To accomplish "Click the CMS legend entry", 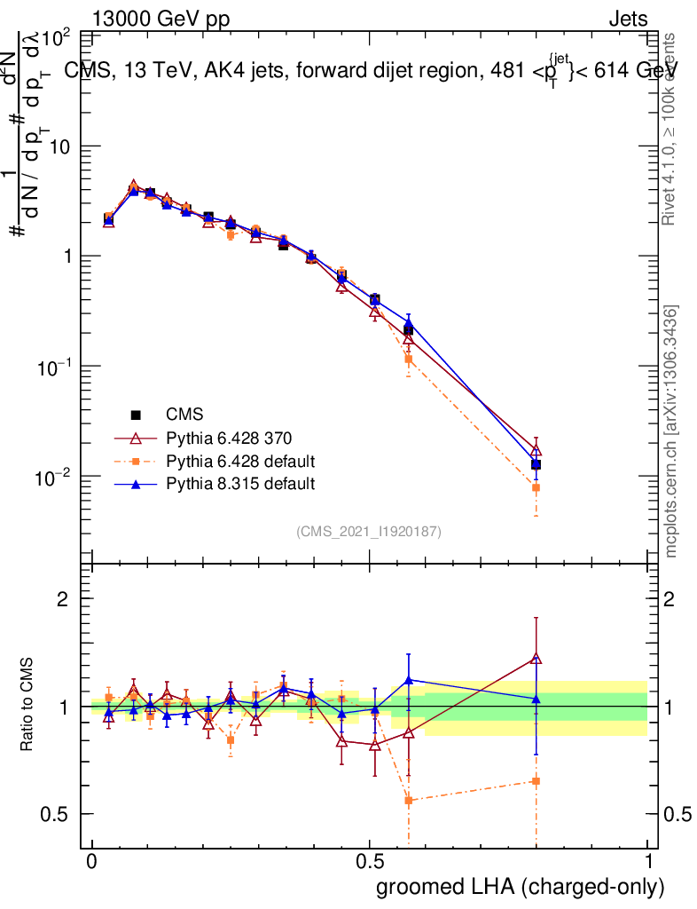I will pos(184,415).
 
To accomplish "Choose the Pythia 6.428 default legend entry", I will pos(240,462).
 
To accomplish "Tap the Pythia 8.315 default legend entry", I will pos(240,484).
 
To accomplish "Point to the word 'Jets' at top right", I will pos(627,18).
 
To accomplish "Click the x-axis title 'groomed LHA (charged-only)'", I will pos(521,887).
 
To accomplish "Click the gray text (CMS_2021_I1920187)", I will pos(369,532).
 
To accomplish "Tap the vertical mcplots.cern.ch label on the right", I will pos(672,431).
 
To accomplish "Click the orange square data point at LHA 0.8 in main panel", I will pos(536,487).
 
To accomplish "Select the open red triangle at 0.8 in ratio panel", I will pos(536,658).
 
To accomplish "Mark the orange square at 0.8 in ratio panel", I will pos(536,781).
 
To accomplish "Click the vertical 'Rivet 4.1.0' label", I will pos(670,129).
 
